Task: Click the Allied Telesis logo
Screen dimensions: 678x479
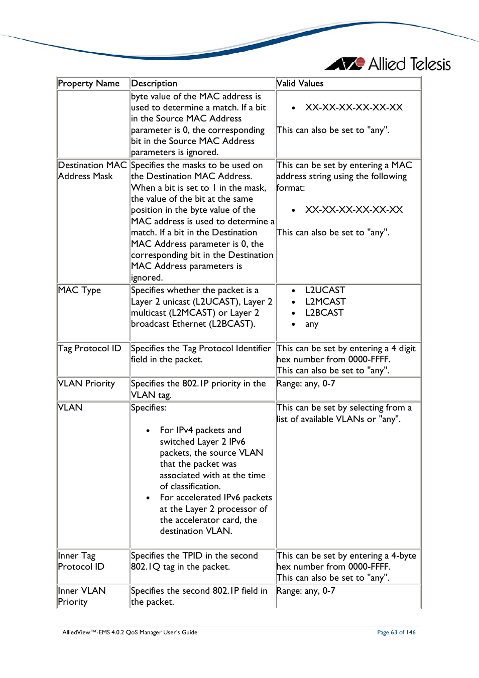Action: pos(388,64)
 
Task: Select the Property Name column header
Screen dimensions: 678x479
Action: pos(88,83)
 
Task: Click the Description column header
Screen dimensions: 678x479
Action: pos(154,83)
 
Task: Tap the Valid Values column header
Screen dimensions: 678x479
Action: pos(300,83)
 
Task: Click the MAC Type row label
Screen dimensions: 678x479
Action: pos(79,290)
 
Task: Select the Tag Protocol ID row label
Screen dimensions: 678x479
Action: pos(89,348)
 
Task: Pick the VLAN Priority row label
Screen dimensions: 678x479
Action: pos(86,383)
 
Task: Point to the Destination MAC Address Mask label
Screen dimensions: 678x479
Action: pos(92,171)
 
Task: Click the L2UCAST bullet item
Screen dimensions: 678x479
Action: pos(325,290)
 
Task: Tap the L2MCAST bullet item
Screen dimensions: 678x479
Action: pos(325,302)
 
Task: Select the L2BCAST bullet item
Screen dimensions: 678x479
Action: pos(324,313)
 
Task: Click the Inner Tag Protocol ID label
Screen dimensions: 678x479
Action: pos(81,561)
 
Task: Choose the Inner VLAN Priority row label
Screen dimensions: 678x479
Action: pos(81,596)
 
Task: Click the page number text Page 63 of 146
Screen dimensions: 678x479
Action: pos(396,632)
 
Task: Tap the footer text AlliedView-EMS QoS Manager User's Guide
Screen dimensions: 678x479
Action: pos(130,632)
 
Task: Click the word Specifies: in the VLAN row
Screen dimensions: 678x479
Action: pos(149,408)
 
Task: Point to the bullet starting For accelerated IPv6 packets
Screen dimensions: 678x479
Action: pos(215,514)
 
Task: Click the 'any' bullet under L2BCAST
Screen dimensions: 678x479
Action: pos(311,324)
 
